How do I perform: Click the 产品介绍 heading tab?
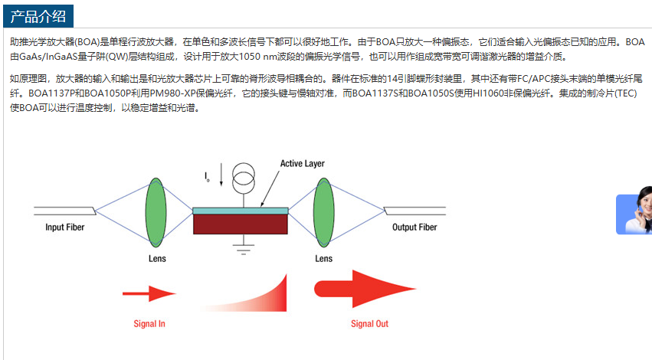38,16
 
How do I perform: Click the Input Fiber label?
64,227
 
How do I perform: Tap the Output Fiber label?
414,227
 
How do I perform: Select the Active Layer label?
302,163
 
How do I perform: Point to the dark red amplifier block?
241,224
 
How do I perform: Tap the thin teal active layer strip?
241,210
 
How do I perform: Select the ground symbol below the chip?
244,247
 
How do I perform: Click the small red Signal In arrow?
149,293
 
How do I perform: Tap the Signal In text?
149,324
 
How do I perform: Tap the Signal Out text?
369,324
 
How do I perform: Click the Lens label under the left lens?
156,259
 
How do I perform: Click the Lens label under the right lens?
324,259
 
